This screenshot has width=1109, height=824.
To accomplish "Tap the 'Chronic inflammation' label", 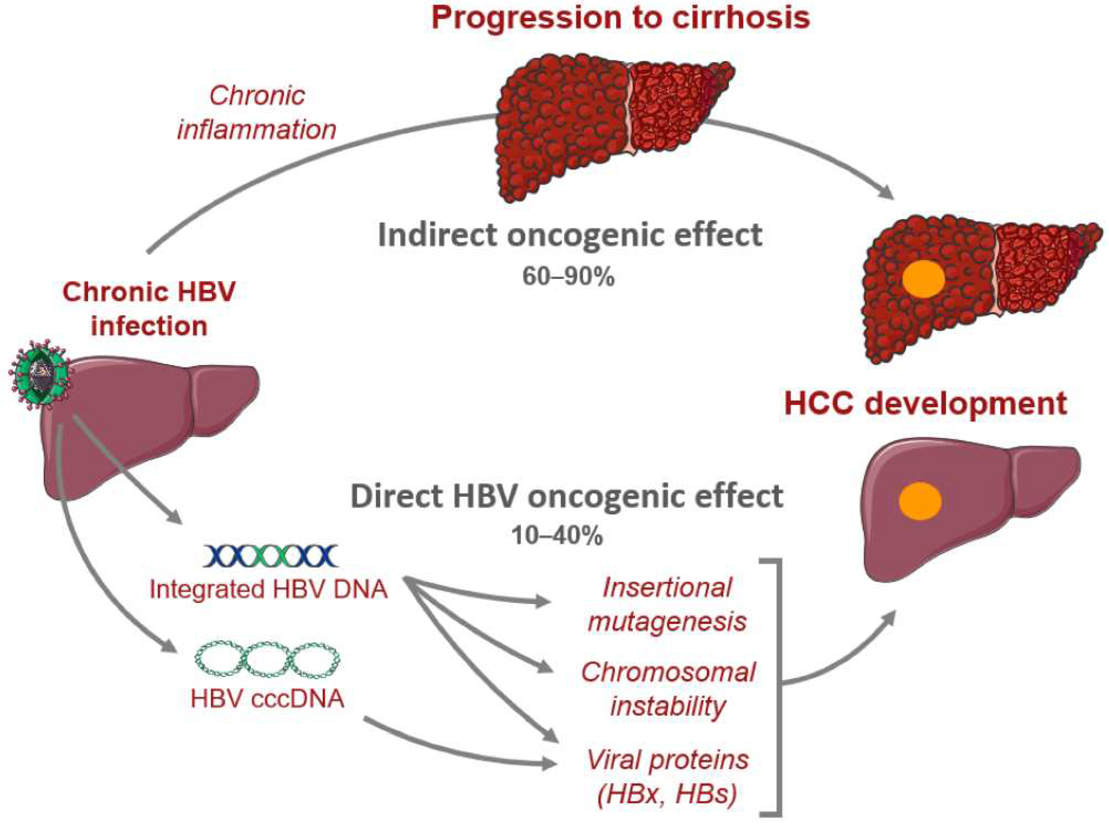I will (257, 113).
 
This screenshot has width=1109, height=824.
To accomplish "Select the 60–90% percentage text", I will (569, 276).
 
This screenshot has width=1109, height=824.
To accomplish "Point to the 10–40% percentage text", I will (557, 536).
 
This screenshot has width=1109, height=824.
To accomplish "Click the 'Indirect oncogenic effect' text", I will (570, 235).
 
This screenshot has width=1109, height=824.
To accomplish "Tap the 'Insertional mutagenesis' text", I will (667, 605).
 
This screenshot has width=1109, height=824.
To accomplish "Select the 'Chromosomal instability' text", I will (668, 689).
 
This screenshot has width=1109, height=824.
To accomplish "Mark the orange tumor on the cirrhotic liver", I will (924, 281).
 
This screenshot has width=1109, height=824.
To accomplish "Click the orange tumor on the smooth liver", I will (920, 501).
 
